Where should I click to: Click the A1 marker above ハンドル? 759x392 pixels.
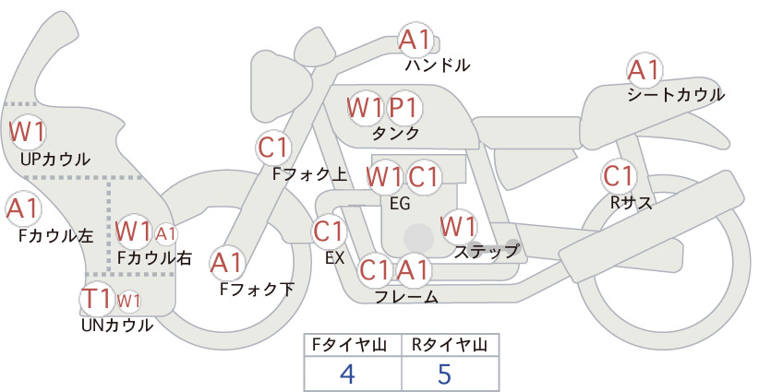pyautogui.click(x=416, y=40)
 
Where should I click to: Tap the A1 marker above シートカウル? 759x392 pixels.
pyautogui.click(x=645, y=70)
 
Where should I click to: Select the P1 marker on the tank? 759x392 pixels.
pyautogui.click(x=404, y=108)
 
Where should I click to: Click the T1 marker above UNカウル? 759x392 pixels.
pyautogui.click(x=97, y=299)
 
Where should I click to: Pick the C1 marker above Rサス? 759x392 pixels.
pyautogui.click(x=619, y=176)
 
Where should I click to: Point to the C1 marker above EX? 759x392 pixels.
pyautogui.click(x=329, y=232)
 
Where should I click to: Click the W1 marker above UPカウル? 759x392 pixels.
pyautogui.click(x=28, y=132)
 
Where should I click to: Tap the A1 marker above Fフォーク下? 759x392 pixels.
pyautogui.click(x=227, y=263)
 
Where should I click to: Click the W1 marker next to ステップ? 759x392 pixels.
pyautogui.click(x=458, y=226)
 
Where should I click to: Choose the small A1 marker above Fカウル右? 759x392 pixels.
pyautogui.click(x=166, y=234)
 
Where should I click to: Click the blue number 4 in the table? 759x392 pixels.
pyautogui.click(x=347, y=374)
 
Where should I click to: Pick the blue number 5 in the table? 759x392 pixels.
pyautogui.click(x=444, y=374)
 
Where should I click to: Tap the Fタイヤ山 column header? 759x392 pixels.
pyautogui.click(x=349, y=345)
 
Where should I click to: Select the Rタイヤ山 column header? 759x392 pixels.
pyautogui.click(x=450, y=345)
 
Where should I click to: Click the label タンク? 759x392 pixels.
pyautogui.click(x=395, y=134)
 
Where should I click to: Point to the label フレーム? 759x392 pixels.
pyautogui.click(x=406, y=297)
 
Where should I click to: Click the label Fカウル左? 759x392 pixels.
pyautogui.click(x=56, y=236)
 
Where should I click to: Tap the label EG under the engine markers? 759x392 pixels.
pyautogui.click(x=401, y=204)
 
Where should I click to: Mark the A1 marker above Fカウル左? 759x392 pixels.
pyautogui.click(x=23, y=208)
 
